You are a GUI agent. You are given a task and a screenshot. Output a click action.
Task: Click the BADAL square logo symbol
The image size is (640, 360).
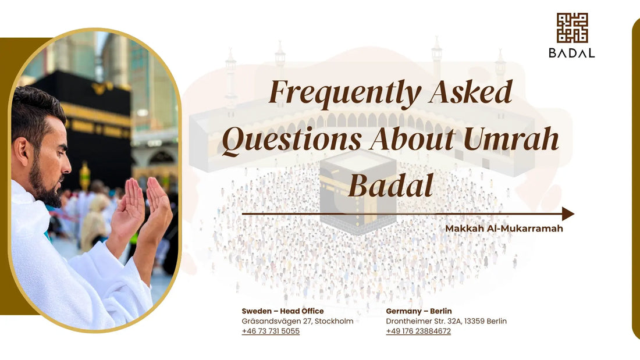click(x=572, y=28)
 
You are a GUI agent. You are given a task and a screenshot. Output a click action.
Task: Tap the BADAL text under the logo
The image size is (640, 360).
click(x=572, y=53)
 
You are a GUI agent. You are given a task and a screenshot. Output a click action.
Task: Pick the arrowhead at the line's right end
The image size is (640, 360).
click(x=568, y=214)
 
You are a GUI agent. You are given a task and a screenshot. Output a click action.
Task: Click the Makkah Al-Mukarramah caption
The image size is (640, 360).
click(x=504, y=229)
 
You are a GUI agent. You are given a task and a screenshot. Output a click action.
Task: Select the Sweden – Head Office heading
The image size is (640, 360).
click(x=283, y=311)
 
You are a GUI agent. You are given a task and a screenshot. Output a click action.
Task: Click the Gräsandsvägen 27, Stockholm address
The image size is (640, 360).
click(x=297, y=321)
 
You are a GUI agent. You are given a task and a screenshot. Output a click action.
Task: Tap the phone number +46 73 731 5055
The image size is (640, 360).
click(x=271, y=332)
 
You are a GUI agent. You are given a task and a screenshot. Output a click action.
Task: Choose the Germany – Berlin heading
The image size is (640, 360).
click(x=418, y=311)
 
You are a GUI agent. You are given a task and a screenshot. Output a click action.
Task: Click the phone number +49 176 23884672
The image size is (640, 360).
click(x=418, y=332)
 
